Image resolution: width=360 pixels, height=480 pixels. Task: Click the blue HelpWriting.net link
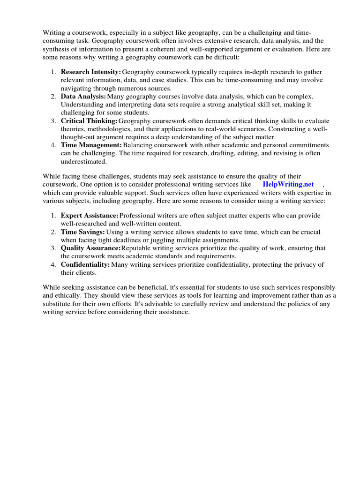tap(288, 184)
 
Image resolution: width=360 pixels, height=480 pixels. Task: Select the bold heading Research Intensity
tap(90, 72)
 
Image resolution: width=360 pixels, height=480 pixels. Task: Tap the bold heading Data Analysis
tap(83, 96)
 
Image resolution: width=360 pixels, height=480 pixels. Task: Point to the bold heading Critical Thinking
tap(89, 120)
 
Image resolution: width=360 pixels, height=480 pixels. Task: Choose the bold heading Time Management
tap(91, 145)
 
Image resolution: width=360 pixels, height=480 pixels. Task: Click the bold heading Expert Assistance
tap(90, 215)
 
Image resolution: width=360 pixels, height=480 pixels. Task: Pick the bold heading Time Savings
tap(82, 232)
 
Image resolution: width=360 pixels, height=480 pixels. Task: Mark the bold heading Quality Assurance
tap(90, 248)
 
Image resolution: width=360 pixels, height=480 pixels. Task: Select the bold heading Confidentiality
tap(85, 264)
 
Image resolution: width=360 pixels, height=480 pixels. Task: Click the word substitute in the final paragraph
tap(58, 304)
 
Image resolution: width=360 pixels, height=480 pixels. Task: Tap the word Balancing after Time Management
tap(139, 145)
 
